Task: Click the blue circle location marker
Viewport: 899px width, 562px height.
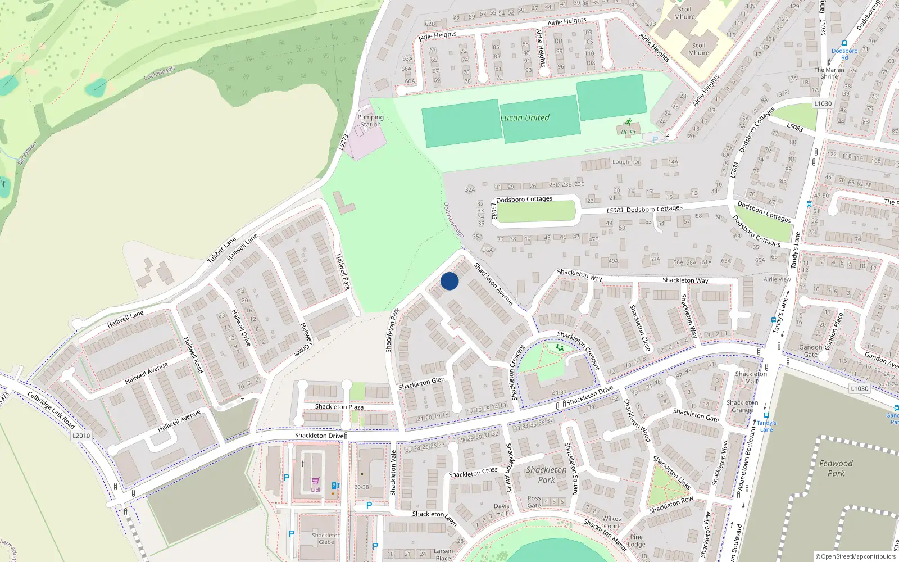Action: [449, 281]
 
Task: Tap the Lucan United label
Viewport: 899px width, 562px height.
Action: [525, 117]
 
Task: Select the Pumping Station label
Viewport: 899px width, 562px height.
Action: [370, 121]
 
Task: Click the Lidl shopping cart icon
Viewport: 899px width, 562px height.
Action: [315, 481]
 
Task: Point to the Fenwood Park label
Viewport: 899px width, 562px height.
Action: [836, 468]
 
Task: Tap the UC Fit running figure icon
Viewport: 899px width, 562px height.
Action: [628, 122]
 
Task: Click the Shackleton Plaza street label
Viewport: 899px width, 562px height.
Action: [339, 406]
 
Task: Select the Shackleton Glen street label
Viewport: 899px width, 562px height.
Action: [421, 383]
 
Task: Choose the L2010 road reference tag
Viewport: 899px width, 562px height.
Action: [81, 436]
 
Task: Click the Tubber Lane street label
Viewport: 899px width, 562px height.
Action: [221, 250]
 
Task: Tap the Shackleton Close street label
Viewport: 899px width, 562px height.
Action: [640, 328]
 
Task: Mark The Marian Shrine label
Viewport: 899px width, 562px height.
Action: [829, 73]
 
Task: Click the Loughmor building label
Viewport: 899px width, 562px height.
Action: [626, 162]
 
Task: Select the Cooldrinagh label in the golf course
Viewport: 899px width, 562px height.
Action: [159, 74]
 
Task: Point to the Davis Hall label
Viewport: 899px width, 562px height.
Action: [502, 509]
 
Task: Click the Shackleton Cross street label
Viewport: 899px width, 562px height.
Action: [473, 473]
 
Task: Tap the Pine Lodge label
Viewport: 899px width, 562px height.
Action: [636, 541]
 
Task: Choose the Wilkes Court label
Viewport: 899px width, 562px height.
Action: [611, 523]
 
